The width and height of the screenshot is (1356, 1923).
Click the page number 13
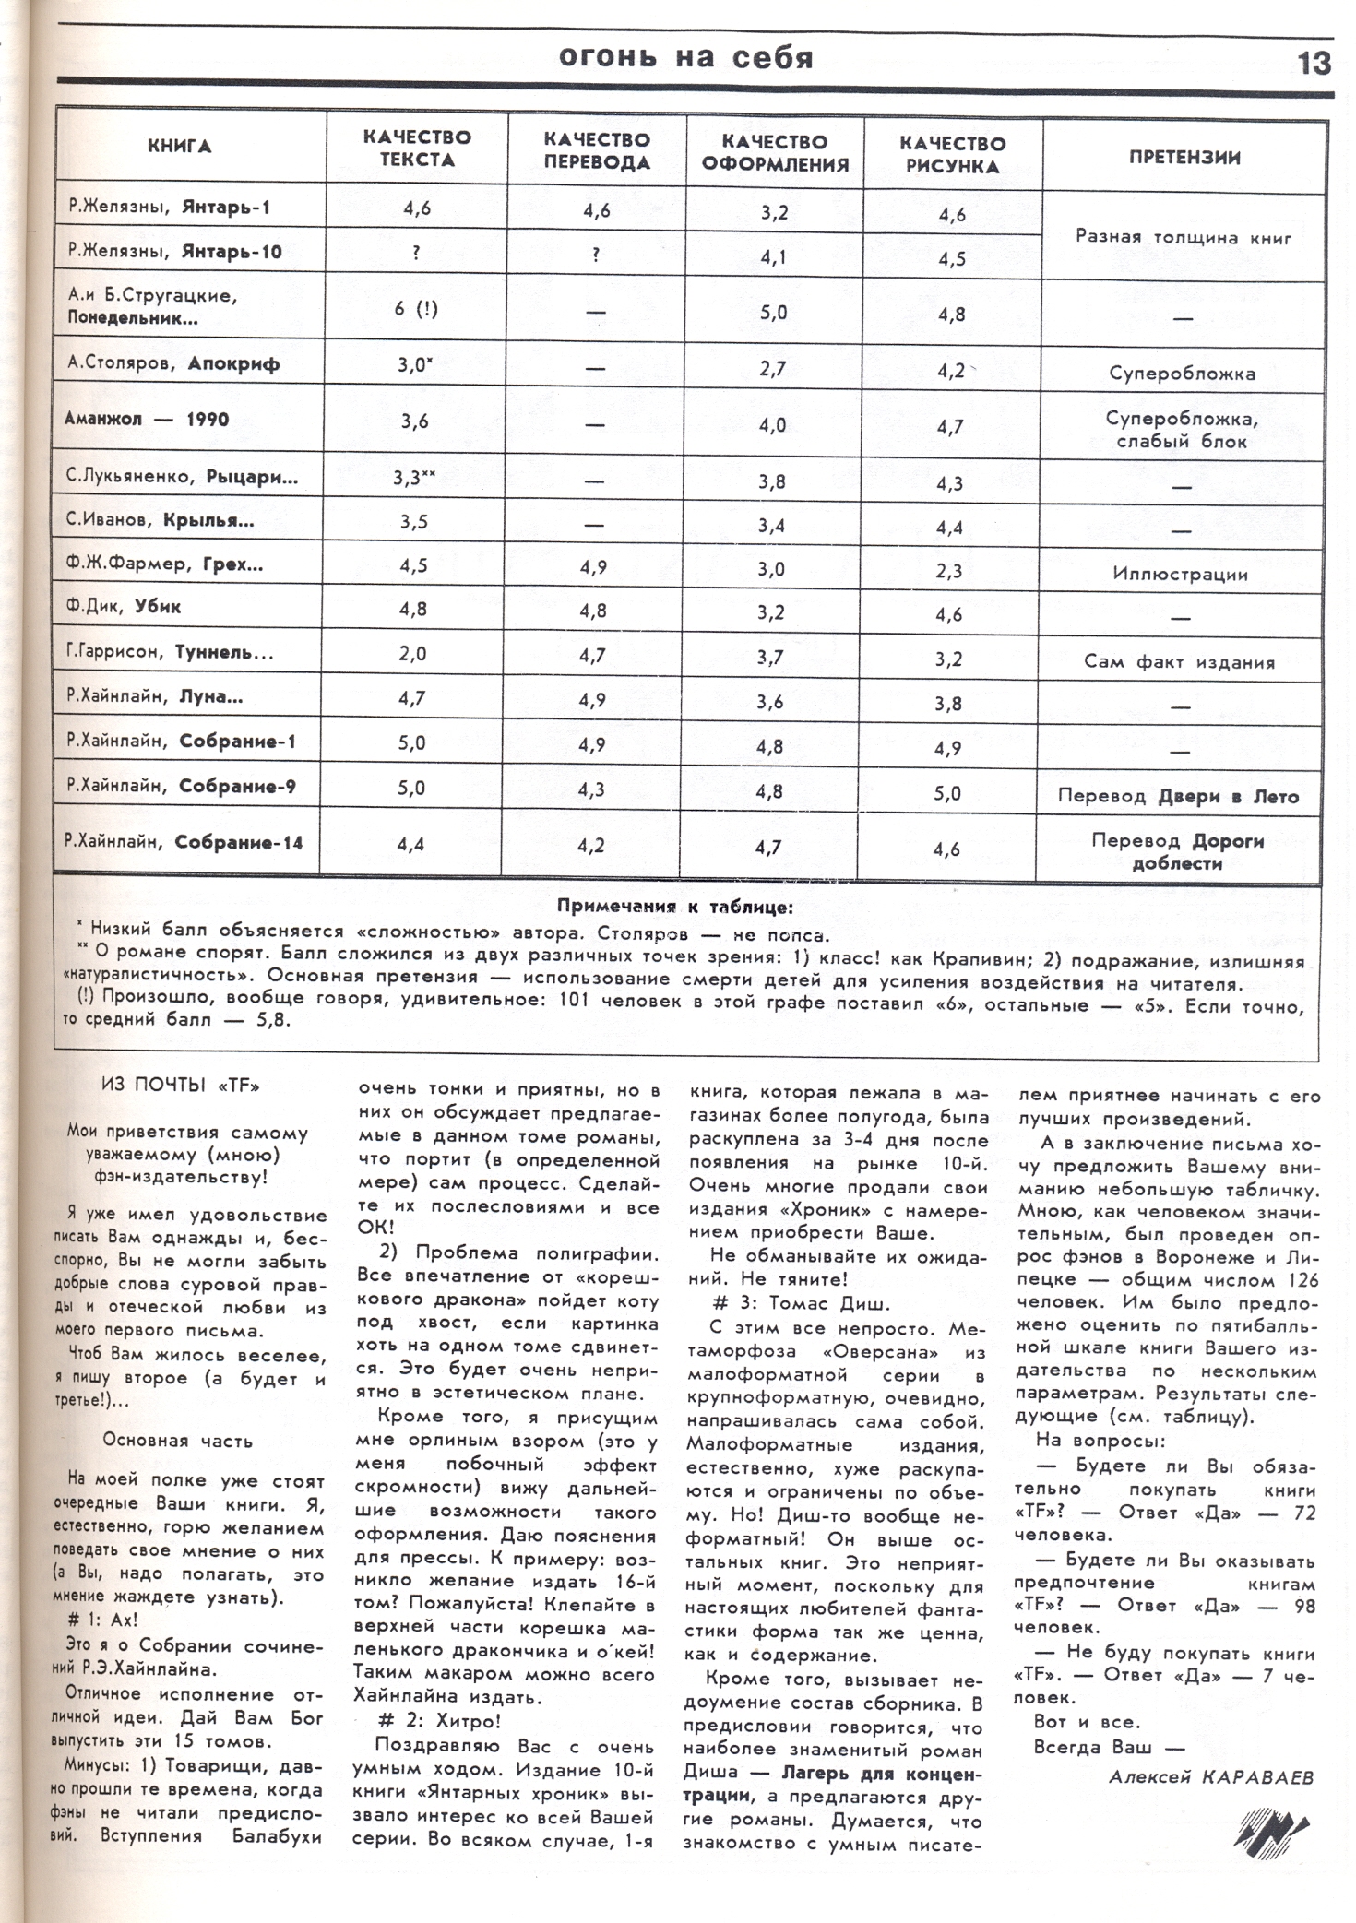point(1314,63)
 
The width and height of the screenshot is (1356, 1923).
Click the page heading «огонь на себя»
point(686,58)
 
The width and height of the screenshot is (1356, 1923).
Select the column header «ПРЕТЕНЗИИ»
point(1184,157)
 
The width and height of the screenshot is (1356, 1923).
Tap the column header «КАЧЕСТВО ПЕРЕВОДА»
point(597,151)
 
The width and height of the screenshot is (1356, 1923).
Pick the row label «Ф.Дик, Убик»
point(125,607)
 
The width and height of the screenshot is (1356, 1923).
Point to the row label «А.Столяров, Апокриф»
point(173,362)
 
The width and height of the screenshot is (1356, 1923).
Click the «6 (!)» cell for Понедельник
point(416,309)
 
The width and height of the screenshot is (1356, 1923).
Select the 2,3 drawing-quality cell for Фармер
point(949,571)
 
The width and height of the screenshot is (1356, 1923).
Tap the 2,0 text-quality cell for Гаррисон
point(412,654)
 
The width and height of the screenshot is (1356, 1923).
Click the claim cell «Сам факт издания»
point(1180,662)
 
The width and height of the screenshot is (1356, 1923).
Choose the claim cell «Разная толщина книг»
point(1184,237)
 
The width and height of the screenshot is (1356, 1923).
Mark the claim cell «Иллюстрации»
point(1180,574)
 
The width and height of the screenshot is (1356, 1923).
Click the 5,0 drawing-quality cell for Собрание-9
point(947,793)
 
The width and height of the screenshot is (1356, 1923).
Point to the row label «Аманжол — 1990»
point(147,419)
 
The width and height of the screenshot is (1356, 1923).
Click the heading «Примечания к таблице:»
point(674,907)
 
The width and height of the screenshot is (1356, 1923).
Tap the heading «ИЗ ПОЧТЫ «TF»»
point(180,1086)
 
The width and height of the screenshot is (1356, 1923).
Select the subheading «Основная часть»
point(178,1441)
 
